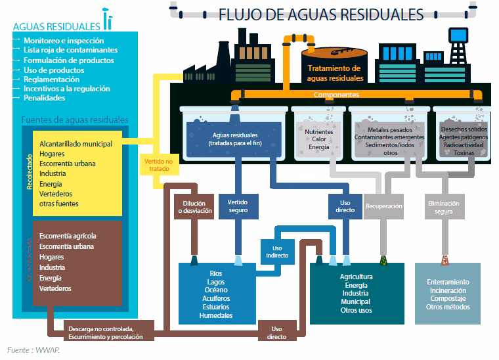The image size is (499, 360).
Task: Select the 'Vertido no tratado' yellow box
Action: [x=158, y=164]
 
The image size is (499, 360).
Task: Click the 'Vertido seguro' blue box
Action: [x=237, y=206]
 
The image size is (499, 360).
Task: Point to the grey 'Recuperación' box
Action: [x=384, y=206]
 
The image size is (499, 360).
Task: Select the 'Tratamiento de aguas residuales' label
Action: [x=335, y=73]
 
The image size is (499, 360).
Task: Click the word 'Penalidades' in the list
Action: [x=44, y=98]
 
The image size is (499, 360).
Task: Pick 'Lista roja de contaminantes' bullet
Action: [x=70, y=50]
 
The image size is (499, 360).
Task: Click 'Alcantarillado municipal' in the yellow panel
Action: [x=76, y=144]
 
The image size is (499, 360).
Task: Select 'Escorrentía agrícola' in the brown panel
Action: [x=68, y=236]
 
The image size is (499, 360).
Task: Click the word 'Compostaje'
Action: [x=448, y=298]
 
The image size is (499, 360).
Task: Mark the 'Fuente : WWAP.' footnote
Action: [x=33, y=350]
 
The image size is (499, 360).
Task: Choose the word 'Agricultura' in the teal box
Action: [x=357, y=277]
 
